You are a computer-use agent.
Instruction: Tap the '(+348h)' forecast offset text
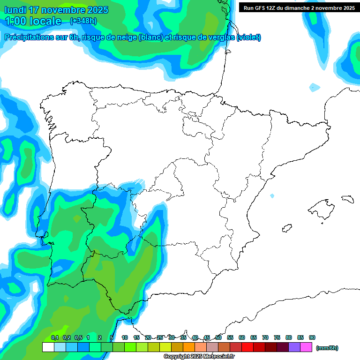click(x=83, y=21)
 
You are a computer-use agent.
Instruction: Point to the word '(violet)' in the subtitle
click(x=249, y=37)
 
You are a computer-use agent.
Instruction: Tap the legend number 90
click(x=312, y=338)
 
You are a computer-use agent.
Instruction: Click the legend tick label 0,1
click(x=55, y=338)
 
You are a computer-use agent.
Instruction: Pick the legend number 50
click(x=218, y=338)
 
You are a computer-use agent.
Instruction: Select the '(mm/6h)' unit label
click(x=327, y=348)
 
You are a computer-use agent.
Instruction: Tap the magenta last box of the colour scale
click(x=306, y=347)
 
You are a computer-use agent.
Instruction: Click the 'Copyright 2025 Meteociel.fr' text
click(x=199, y=357)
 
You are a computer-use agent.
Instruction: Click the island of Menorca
click(x=347, y=199)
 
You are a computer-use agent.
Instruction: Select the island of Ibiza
click(x=286, y=228)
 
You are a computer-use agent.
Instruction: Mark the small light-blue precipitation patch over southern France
click(x=314, y=87)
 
